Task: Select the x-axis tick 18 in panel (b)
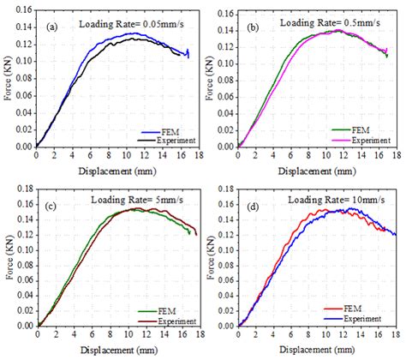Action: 396,155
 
